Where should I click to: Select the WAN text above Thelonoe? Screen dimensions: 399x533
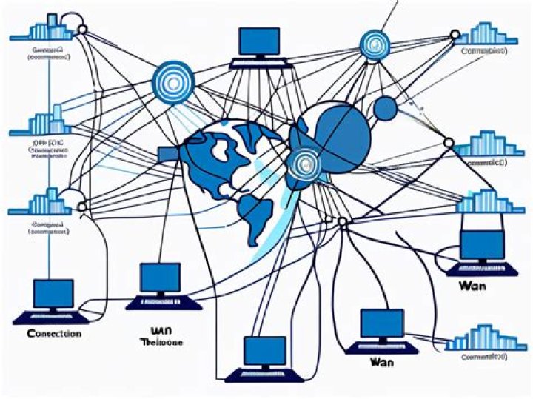[161, 330]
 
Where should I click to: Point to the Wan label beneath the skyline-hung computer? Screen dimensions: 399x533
[472, 285]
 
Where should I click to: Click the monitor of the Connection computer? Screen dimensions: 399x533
[53, 294]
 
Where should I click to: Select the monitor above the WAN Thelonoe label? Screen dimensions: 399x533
[161, 278]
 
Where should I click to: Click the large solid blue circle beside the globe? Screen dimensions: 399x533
[341, 134]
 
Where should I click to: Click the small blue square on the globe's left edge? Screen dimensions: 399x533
[168, 153]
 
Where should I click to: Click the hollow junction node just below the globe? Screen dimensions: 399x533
[342, 221]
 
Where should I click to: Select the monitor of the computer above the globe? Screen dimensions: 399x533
[260, 41]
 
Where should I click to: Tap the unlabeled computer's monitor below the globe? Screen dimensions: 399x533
[265, 350]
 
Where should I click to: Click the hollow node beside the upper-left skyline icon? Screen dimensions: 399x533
[82, 30]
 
